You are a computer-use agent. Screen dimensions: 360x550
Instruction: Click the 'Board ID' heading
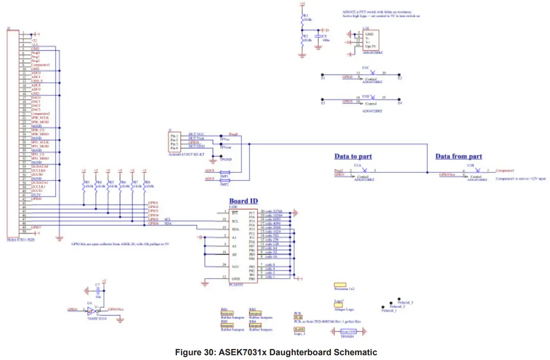pyautogui.click(x=244, y=201)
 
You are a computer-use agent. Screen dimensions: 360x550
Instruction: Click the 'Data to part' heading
pyautogui.click(x=353, y=157)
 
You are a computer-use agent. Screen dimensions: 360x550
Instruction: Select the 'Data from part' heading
pyautogui.click(x=458, y=157)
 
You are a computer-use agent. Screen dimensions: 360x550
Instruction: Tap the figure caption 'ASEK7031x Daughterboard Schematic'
pyautogui.click(x=276, y=352)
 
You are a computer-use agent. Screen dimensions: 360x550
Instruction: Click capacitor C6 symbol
pyautogui.click(x=318, y=36)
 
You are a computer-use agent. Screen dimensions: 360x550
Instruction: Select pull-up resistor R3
pyautogui.click(x=84, y=185)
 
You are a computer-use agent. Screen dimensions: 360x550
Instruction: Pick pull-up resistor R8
pyautogui.click(x=145, y=185)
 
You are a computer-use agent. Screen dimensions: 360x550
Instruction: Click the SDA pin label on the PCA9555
pyautogui.click(x=235, y=229)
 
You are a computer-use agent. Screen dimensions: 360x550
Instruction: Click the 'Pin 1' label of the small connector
pyautogui.click(x=174, y=136)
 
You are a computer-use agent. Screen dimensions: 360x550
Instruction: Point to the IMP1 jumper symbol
pyautogui.click(x=224, y=173)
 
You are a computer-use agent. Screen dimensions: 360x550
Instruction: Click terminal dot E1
pyautogui.click(x=323, y=75)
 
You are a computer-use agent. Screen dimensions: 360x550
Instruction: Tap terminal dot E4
pyautogui.click(x=400, y=101)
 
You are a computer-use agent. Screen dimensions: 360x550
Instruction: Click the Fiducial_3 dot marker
pyautogui.click(x=392, y=303)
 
